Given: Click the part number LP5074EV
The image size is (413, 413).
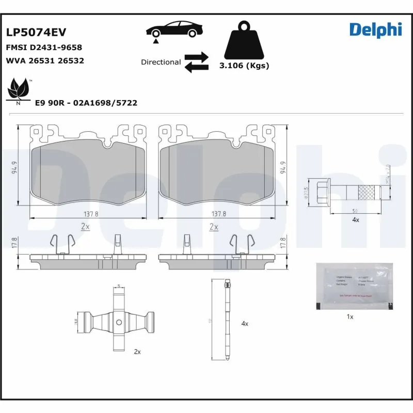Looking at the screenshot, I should pyautogui.click(x=36, y=32).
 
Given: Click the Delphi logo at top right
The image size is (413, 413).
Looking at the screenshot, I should pyautogui.click(x=375, y=29).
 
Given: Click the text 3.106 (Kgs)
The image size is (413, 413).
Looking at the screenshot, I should pyautogui.click(x=244, y=66).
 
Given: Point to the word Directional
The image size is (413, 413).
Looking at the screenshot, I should pyautogui.click(x=161, y=62).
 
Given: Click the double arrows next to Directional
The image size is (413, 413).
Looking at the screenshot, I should pyautogui.click(x=197, y=61).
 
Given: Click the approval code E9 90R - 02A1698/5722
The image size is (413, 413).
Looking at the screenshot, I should pyautogui.click(x=86, y=103).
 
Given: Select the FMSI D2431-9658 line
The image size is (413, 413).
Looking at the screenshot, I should pyautogui.click(x=44, y=47).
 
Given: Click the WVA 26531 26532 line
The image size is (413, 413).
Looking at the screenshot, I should pyautogui.click(x=45, y=60).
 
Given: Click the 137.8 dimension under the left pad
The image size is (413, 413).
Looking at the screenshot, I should pyautogui.click(x=91, y=213).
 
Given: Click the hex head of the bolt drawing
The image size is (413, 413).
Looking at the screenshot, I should pyautogui.click(x=319, y=190).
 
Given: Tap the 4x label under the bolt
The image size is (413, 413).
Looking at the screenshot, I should pyautogui.click(x=355, y=220).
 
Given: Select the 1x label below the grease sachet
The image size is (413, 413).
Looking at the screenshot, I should pyautogui.click(x=350, y=316).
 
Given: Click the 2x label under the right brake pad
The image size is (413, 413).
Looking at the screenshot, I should pyautogui.click(x=214, y=227).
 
